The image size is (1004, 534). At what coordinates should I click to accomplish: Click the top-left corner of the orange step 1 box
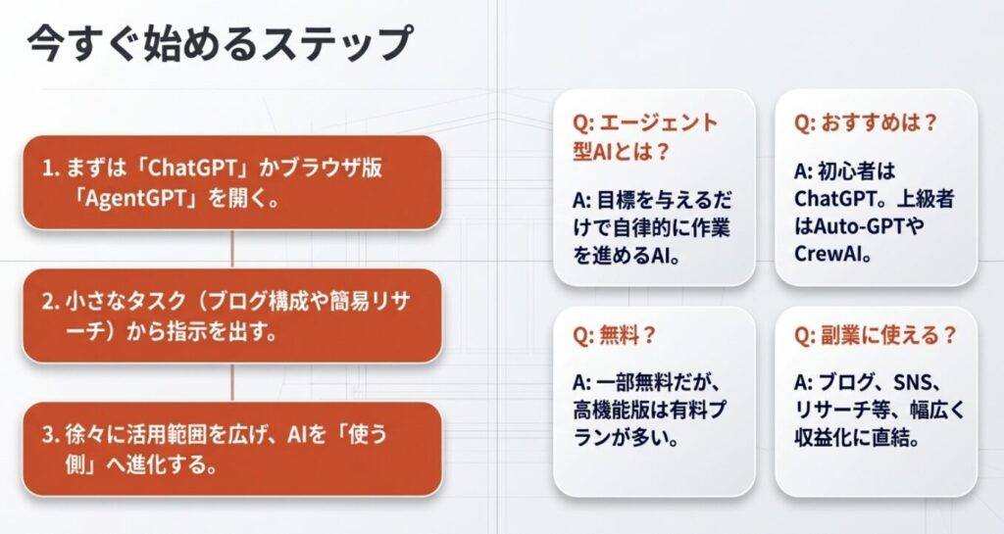[24, 135]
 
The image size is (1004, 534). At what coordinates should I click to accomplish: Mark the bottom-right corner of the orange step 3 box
[442, 496]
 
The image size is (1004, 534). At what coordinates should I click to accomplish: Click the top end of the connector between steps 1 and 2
[231, 230]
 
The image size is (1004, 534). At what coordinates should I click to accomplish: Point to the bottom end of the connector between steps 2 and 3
[231, 402]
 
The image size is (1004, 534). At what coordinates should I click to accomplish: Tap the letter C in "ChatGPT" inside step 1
[156, 169]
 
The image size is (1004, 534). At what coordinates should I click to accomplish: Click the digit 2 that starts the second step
[48, 302]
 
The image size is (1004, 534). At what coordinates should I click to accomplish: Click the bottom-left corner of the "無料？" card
[554, 496]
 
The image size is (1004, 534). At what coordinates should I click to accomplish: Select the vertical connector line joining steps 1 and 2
[231, 250]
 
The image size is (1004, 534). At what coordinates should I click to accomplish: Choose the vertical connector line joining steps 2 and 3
[231, 382]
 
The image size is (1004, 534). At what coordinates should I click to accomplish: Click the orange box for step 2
[232, 316]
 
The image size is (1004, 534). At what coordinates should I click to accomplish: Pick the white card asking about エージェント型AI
[654, 187]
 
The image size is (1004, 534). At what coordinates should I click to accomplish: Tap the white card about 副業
[876, 402]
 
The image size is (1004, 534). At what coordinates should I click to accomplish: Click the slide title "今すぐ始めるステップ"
[220, 43]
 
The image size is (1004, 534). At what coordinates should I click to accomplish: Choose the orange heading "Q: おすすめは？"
[866, 122]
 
